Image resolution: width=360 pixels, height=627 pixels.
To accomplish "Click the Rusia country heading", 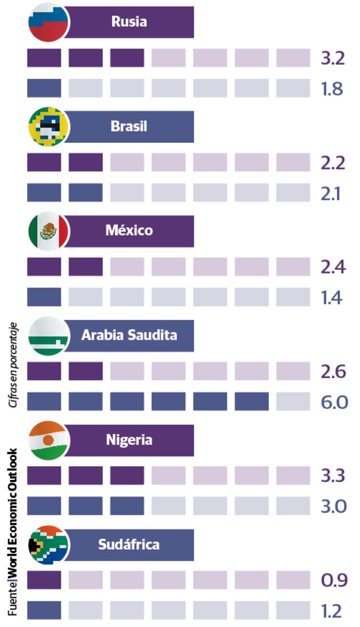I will tap(129, 22).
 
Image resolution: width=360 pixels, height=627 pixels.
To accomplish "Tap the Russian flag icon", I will tap(48, 22).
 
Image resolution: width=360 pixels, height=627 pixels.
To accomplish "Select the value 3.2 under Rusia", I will tap(333, 58).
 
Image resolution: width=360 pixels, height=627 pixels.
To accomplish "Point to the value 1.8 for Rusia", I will tap(333, 89).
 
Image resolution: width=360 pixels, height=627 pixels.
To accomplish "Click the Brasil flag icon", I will tap(48, 127).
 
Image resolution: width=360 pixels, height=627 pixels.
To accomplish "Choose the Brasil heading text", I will tap(129, 126).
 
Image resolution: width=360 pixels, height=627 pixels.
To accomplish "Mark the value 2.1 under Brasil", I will tap(332, 193).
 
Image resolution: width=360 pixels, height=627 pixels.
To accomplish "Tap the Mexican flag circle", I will tap(48, 231).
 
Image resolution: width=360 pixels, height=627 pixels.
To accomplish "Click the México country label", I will tap(129, 230).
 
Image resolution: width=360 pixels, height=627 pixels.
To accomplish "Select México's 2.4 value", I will tap(334, 267).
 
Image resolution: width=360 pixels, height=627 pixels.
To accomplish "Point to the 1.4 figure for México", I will tap(332, 298).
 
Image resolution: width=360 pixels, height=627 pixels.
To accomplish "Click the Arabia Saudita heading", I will tap(129, 335).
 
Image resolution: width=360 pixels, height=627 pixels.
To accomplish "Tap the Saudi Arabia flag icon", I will tap(48, 336).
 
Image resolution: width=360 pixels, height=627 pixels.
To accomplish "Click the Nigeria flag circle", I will tap(48, 440).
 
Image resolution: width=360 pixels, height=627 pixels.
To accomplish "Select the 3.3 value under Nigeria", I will tap(334, 476).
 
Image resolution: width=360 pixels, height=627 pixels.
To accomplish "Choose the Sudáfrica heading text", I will tap(129, 545).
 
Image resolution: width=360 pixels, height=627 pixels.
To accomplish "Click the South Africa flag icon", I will tap(48, 545).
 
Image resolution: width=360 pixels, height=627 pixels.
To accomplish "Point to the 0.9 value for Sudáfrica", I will tap(334, 580).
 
